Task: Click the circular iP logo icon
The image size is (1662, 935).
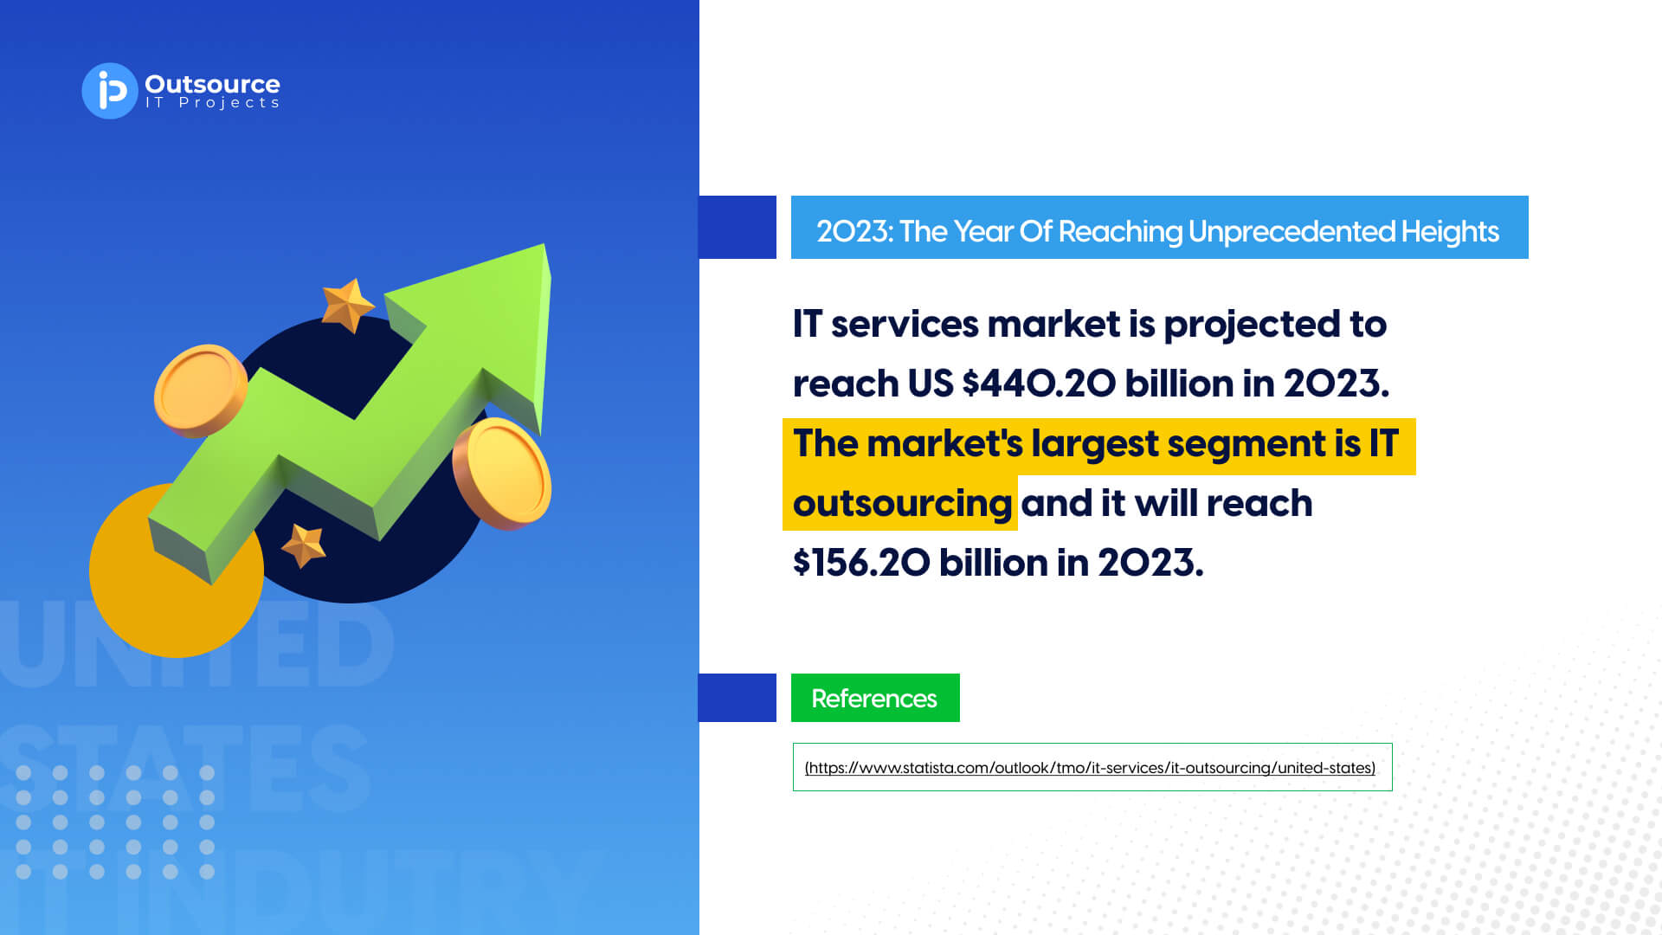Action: pos(110,91)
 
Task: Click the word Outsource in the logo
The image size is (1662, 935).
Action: pos(212,84)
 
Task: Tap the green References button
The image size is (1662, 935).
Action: pos(875,698)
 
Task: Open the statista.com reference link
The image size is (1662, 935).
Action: pos(1090,768)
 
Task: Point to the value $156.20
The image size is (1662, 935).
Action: pos(861,563)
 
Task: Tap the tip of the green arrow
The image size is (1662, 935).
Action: pos(544,245)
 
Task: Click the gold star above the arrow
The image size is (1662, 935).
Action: pos(347,305)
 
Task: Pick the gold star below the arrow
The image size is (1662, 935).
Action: pos(304,545)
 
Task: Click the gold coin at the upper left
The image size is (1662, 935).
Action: pos(200,390)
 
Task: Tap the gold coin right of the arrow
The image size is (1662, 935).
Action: pos(502,473)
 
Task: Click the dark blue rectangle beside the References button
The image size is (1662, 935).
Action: pos(738,698)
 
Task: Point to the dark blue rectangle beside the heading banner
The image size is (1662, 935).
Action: pos(738,227)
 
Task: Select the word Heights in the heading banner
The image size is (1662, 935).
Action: pos(1450,231)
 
